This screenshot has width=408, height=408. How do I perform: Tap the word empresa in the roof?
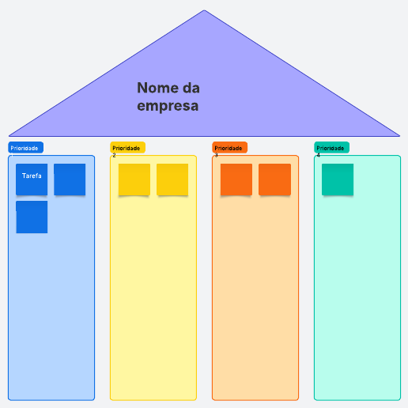click(168, 106)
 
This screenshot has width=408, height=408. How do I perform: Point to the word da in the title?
click(191, 88)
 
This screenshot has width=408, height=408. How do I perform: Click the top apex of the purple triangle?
click(204, 10)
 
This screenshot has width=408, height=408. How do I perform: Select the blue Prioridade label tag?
click(26, 148)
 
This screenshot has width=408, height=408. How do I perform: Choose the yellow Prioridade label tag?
click(128, 148)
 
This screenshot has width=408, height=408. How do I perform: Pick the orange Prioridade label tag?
click(230, 148)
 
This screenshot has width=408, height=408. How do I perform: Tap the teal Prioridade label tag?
click(332, 148)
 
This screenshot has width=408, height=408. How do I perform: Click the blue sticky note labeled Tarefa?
click(32, 179)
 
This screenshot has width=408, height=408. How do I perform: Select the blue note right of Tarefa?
click(70, 179)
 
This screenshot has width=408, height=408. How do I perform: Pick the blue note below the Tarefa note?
click(32, 217)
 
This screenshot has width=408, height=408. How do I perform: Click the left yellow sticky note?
click(134, 179)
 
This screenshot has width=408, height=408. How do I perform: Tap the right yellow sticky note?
click(172, 179)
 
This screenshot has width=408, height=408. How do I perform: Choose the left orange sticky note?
click(236, 179)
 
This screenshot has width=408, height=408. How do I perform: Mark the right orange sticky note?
click(274, 179)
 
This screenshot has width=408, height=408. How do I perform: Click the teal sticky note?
click(338, 179)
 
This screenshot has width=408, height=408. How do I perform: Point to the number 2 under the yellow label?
click(114, 155)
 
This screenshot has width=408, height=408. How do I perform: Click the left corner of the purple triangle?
click(9, 136)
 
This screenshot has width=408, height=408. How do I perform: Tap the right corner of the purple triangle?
click(399, 136)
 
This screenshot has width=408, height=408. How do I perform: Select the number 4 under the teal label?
click(318, 155)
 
